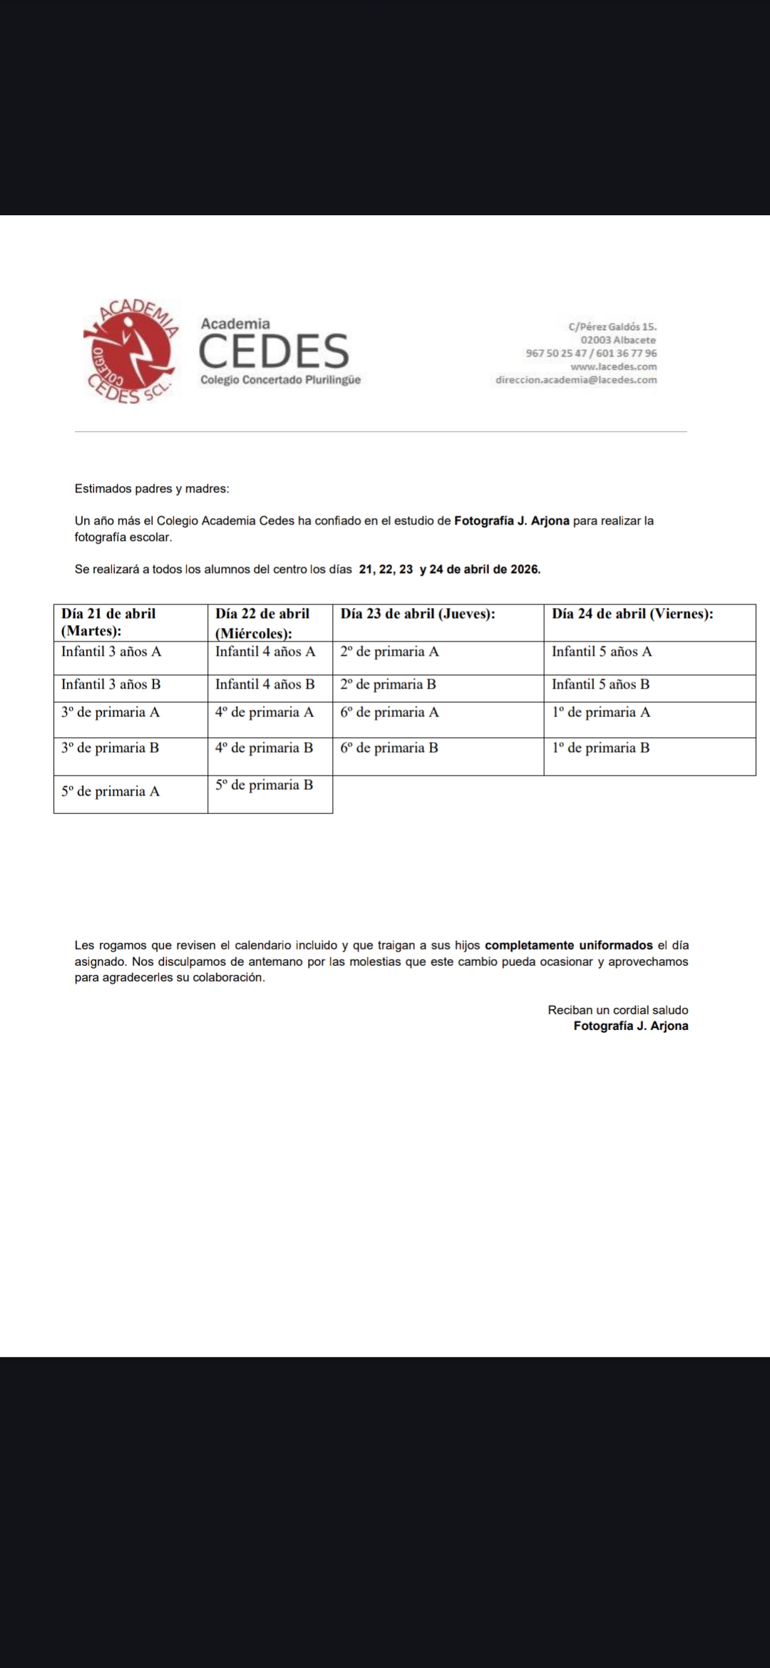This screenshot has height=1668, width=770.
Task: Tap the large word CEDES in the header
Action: (274, 351)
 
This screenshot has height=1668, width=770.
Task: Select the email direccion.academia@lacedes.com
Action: (576, 380)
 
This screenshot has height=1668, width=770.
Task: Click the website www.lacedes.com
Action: (613, 366)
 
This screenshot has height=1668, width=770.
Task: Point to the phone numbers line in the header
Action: (591, 353)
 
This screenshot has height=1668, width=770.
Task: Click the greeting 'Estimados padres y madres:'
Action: (152, 489)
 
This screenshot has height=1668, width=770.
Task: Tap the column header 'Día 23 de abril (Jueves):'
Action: (418, 614)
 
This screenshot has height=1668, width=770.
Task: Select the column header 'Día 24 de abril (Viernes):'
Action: (632, 614)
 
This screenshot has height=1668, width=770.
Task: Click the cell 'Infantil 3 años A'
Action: (111, 652)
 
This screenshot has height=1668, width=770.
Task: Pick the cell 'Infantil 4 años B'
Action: (265, 684)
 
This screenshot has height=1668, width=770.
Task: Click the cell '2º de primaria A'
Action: (389, 652)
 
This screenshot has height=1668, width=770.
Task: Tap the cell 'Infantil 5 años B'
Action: (600, 684)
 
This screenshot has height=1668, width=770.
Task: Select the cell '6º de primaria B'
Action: (389, 748)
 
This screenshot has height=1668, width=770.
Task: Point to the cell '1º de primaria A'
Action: (600, 712)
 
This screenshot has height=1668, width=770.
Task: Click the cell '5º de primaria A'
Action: (111, 791)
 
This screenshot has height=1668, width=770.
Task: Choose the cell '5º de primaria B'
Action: (265, 785)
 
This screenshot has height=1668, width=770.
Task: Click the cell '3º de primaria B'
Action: (111, 748)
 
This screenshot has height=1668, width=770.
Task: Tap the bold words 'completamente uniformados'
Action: (569, 945)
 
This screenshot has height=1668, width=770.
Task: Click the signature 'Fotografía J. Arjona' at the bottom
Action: (630, 1026)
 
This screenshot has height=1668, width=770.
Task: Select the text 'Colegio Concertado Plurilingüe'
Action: (280, 380)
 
